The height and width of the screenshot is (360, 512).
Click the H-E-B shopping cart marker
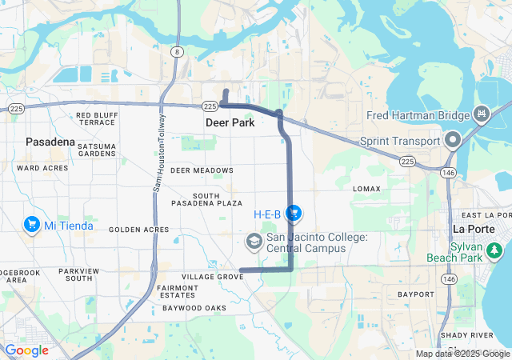[294, 213]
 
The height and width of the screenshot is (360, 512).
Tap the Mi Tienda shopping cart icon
[33, 225]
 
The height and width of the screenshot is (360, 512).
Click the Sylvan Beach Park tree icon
[495, 251]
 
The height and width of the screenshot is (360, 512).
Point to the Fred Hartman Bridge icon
[482, 114]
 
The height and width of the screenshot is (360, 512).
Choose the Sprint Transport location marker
[452, 141]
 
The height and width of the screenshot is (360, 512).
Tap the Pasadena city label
[50, 142]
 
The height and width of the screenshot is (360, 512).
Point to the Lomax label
[367, 188]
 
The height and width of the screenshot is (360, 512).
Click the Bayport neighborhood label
[414, 294]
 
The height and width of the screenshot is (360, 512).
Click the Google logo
[26, 350]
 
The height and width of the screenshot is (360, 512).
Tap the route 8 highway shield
[175, 52]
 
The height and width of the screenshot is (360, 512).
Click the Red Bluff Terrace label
[96, 119]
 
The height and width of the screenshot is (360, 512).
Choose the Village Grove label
[212, 277]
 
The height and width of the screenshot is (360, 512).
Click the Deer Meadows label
[202, 170]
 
